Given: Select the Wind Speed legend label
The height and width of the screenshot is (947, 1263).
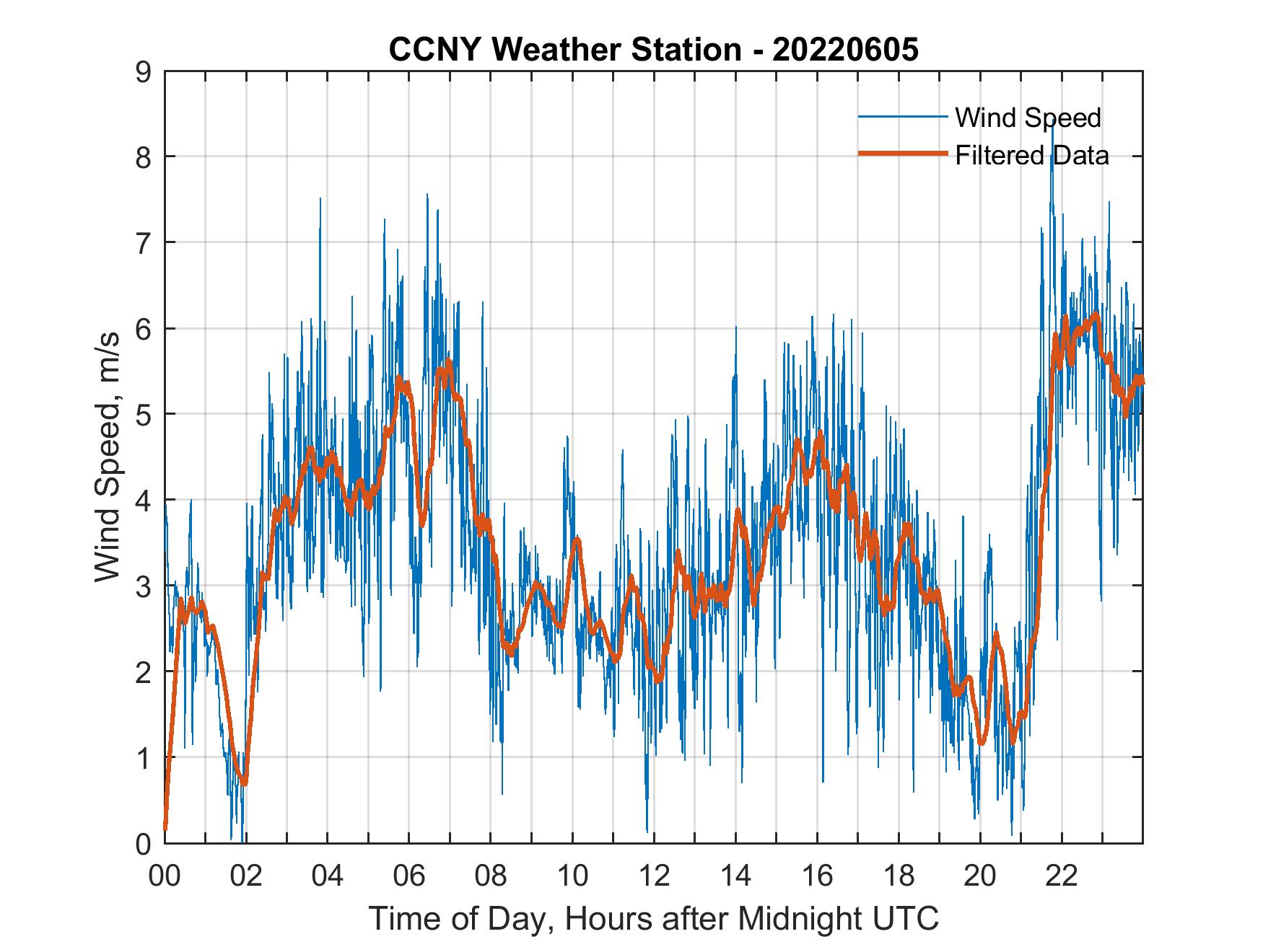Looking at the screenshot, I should point(1028,118).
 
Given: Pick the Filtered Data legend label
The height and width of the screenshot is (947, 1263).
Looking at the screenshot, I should point(1031,155).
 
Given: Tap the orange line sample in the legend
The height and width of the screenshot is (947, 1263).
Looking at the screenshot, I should point(902,154).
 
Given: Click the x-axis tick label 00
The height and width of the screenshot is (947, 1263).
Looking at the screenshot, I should point(165,876).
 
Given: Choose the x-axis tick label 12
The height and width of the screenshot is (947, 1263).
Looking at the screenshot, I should point(654,876).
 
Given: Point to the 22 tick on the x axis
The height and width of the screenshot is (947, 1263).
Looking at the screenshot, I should point(1062,876).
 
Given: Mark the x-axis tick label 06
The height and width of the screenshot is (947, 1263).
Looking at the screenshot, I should point(409,876).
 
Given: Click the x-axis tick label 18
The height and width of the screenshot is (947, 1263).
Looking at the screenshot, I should point(899,876).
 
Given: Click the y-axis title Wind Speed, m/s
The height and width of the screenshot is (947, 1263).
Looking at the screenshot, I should point(108,457).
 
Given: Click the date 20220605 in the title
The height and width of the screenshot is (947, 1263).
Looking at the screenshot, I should point(845,50).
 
